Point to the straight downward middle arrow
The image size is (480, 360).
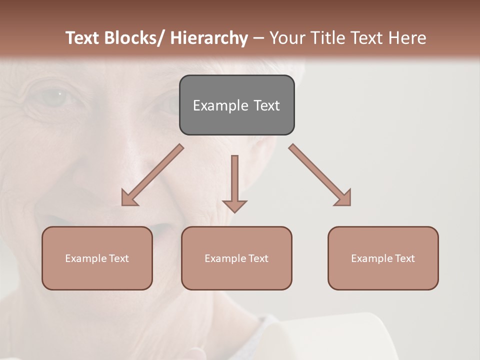pyautogui.click(x=234, y=180)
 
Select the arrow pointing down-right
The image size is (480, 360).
pyautogui.click(x=321, y=176)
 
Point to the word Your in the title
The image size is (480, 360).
pyautogui.click(x=288, y=38)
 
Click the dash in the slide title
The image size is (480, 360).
pyautogui.click(x=258, y=38)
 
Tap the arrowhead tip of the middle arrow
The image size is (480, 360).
pyautogui.click(x=234, y=211)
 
